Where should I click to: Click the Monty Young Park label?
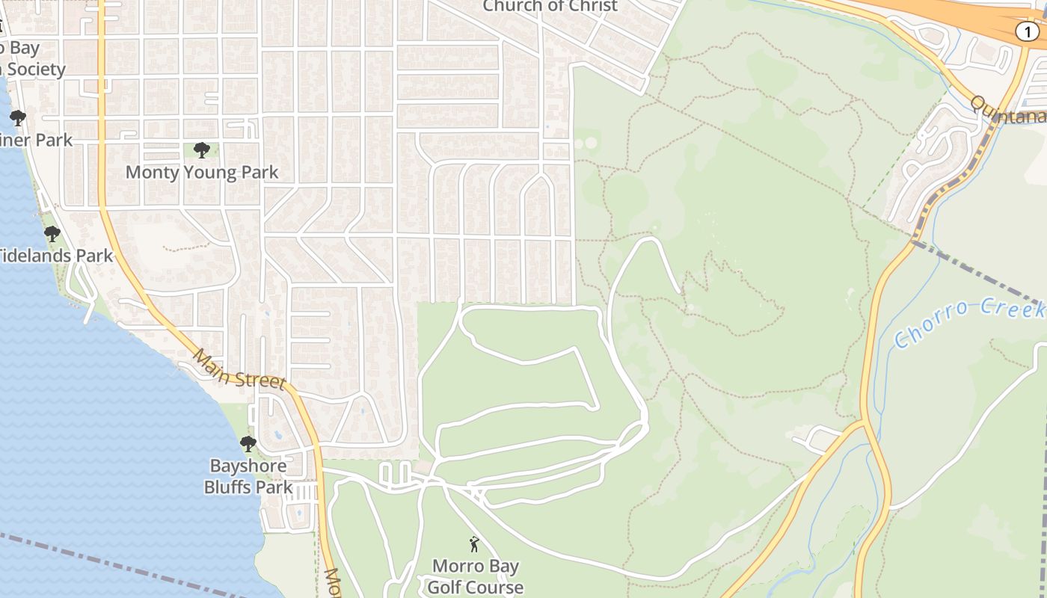[202, 172]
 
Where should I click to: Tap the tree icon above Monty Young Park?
[201, 150]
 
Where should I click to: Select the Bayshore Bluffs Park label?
[248, 476]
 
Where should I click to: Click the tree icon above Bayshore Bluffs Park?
[248, 444]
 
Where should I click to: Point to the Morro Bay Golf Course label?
[476, 576]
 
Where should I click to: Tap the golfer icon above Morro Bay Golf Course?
[474, 544]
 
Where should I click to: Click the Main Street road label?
[239, 369]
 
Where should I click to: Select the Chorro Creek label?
[968, 321]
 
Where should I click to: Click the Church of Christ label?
[550, 6]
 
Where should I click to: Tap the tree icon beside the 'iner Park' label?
[17, 118]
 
